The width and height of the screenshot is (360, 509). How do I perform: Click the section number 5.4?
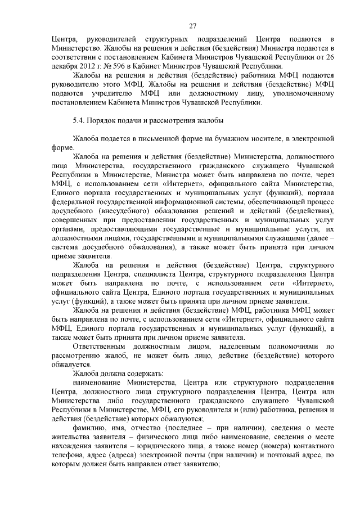tap(78, 120)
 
